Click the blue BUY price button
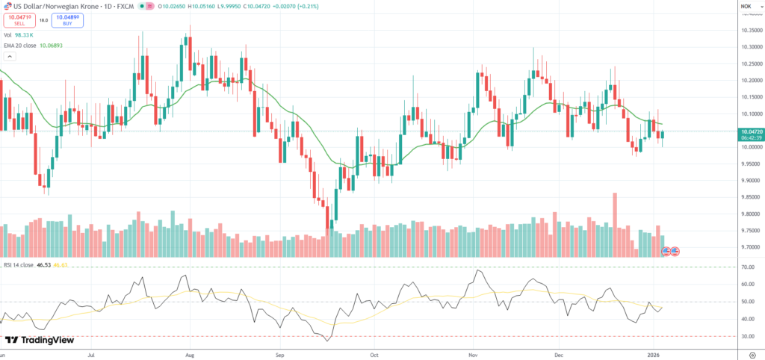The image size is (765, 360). pyautogui.click(x=67, y=21)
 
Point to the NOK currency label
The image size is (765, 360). pyautogui.click(x=746, y=7)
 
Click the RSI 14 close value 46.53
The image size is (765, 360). pyautogui.click(x=43, y=265)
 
